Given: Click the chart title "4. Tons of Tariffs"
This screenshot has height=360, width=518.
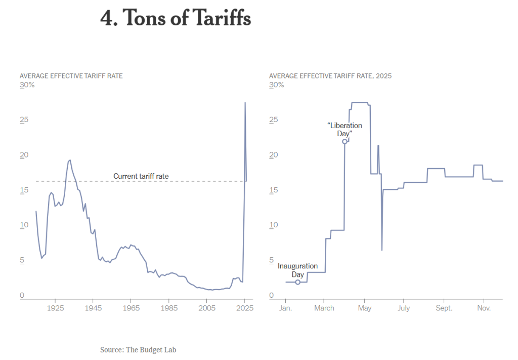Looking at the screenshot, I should [176, 19].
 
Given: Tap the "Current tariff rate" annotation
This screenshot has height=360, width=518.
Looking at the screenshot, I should [141, 176].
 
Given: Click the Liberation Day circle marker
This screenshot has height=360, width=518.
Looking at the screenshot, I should [344, 142].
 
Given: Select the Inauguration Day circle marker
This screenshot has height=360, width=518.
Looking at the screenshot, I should [297, 282].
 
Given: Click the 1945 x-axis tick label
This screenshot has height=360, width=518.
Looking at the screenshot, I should [93, 308].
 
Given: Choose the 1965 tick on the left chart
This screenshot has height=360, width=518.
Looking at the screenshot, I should [131, 308].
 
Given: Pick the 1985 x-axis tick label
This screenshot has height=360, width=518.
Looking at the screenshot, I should [169, 308].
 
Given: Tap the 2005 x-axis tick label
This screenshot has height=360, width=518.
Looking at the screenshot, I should [207, 308].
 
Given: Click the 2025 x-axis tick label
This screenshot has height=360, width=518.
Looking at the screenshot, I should [245, 308].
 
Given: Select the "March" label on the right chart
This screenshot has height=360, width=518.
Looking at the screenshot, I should [324, 308].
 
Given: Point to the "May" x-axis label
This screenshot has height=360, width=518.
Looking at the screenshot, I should [364, 308].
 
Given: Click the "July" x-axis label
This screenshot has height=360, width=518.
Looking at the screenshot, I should [404, 308].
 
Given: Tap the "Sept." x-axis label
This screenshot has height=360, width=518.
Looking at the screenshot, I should [444, 308].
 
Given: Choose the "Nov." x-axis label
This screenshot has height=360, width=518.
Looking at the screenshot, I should [484, 308].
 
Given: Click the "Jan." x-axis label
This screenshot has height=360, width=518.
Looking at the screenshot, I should [286, 308].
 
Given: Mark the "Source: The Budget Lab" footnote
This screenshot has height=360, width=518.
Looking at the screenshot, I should [138, 349].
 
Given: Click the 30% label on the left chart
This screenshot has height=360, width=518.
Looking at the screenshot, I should [27, 85].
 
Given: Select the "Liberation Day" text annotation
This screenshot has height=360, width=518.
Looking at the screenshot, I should [344, 129].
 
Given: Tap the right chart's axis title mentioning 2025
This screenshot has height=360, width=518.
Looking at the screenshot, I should [330, 75].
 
